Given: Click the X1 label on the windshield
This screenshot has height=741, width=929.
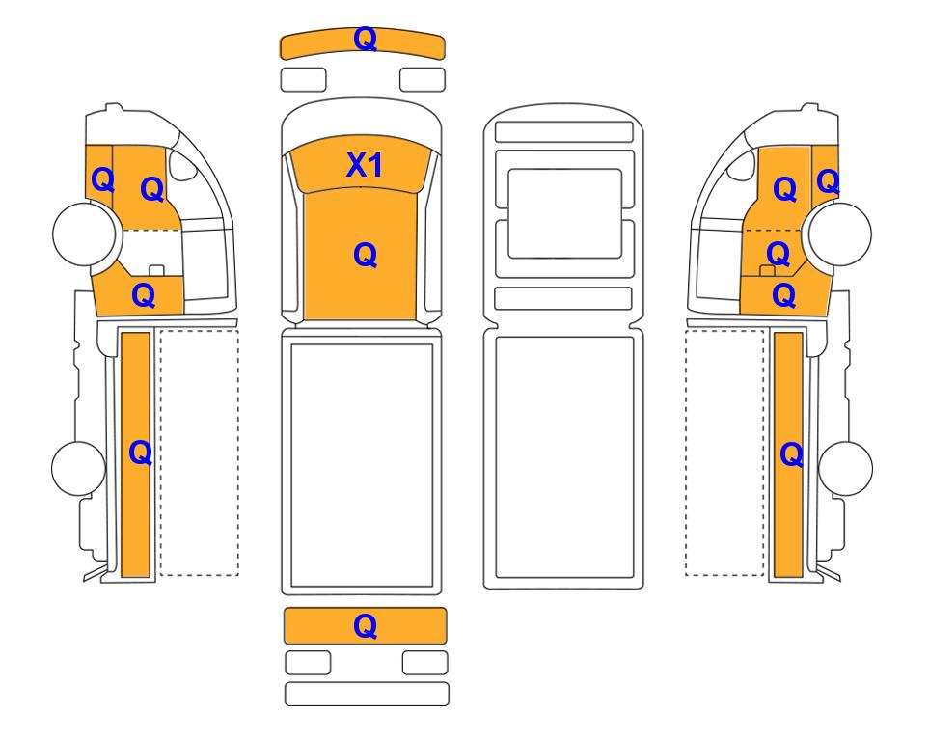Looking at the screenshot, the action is tap(365, 165).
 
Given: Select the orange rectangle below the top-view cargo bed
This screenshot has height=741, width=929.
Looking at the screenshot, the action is tap(365, 625).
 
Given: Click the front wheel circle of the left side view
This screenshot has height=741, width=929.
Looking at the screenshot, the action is tap(84, 233).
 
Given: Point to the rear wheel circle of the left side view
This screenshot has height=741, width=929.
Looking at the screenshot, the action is tap(79, 468).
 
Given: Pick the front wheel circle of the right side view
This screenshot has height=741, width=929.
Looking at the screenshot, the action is tap(840, 233).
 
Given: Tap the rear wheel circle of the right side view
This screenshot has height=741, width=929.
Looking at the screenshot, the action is tap(845, 468).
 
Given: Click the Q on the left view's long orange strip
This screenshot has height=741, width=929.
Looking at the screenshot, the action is tap(141, 453).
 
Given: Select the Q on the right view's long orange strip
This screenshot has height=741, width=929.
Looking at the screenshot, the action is tap(792, 455).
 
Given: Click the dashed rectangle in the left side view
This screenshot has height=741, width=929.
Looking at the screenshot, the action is tap(200, 453).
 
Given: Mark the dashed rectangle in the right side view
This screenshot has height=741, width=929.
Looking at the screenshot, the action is tap(724, 453).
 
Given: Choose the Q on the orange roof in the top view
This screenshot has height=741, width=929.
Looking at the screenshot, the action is tap(365, 256).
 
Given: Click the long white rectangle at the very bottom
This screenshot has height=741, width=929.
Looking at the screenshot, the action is tap(367, 694).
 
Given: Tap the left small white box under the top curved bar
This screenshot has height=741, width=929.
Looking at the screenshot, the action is tap(303, 80).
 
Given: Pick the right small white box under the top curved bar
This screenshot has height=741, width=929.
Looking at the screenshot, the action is tap(423, 80).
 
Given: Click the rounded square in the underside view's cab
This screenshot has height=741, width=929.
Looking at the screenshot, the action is tap(564, 213).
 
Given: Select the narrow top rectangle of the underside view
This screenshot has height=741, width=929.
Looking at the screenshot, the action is tap(564, 131).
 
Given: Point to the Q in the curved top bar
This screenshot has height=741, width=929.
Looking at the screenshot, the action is tap(365, 40).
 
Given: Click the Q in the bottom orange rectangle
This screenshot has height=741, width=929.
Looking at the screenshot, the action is tap(365, 626).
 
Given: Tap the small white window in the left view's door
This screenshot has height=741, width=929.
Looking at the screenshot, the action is tap(182, 165).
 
